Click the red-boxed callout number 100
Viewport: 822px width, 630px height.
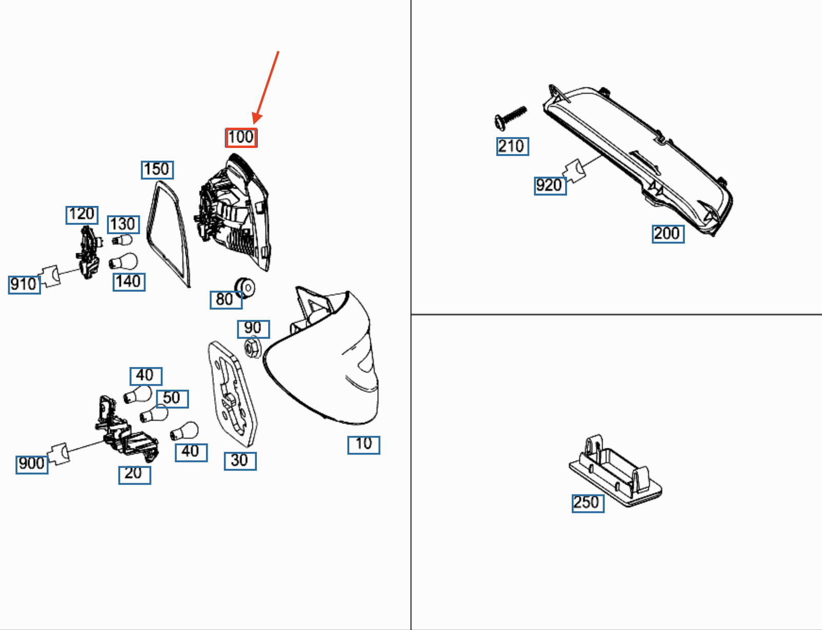241,138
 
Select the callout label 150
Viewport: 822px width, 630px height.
157,169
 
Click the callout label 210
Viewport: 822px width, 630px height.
513,146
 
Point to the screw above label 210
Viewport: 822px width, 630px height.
510,118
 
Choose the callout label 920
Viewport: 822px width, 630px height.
550,185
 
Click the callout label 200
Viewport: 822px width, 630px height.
668,234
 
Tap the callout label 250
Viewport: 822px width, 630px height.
588,503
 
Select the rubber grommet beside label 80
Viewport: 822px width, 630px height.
245,288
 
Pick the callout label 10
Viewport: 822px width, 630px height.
364,445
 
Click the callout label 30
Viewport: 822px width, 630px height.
240,461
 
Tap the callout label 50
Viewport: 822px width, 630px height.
172,399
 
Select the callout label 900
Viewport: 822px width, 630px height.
32,465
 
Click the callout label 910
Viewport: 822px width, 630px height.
24,285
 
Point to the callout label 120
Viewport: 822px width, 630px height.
82,215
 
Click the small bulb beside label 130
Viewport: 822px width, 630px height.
122,240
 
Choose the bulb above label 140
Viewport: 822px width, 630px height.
123,261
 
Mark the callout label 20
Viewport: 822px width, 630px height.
135,475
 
